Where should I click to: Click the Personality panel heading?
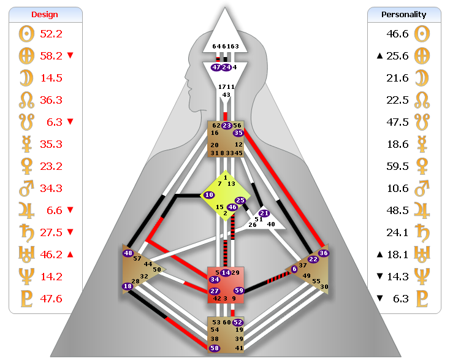[404, 14]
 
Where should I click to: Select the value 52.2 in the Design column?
[51, 34]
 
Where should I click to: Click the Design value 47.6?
[51, 299]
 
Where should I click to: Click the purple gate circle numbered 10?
[209, 194]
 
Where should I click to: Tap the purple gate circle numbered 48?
[128, 253]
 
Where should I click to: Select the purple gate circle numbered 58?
[215, 348]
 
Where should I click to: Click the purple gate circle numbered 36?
[324, 253]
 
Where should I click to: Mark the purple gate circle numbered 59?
[239, 291]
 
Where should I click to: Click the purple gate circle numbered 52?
[238, 322]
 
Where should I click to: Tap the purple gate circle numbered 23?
[226, 125]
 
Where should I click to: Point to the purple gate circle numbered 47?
[216, 67]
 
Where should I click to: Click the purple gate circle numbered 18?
[128, 286]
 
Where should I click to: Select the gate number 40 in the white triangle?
[271, 224]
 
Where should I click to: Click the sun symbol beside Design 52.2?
[25, 34]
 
